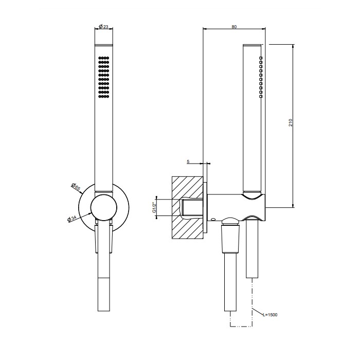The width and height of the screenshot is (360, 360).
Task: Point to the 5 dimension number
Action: click(188, 161)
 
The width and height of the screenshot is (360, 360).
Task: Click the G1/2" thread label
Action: click(154, 208)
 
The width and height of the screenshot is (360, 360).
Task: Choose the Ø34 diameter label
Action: click(72, 219)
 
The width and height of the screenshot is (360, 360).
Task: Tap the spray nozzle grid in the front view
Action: click(103, 77)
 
